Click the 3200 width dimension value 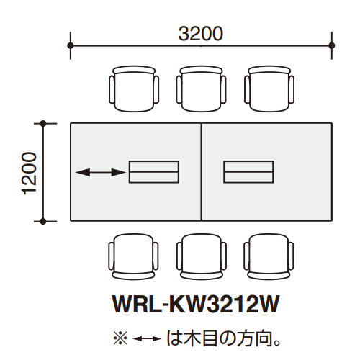[x=201, y=33]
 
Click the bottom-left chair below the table [x=133, y=256]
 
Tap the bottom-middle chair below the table [x=201, y=256]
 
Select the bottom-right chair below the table [x=269, y=256]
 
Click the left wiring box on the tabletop [x=153, y=172]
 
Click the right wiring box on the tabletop [x=248, y=172]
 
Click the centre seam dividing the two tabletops [x=202, y=171]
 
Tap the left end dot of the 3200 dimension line [x=71, y=45]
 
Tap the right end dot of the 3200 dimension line [x=332, y=45]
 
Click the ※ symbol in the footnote [x=120, y=337]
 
